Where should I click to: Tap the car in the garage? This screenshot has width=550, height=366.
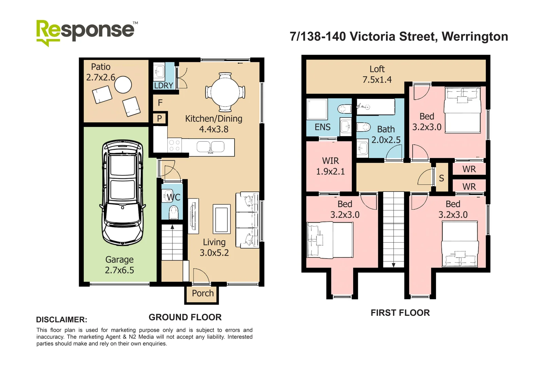(x=123, y=193)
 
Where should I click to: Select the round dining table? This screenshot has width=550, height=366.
(x=225, y=92)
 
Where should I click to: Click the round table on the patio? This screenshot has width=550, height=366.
(x=123, y=85)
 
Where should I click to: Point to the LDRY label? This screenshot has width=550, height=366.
(x=164, y=85)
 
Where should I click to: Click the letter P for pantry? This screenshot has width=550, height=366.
(x=160, y=119)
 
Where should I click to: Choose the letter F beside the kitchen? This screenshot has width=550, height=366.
(x=160, y=102)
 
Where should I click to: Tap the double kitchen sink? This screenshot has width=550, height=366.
(x=210, y=147)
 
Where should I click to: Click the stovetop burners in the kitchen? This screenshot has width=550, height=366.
(x=175, y=145)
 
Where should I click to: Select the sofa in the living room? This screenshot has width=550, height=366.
(x=247, y=220)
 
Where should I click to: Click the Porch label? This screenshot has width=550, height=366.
(x=203, y=293)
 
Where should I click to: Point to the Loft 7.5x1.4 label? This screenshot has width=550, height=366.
(x=377, y=74)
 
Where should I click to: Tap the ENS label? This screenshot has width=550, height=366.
(x=323, y=127)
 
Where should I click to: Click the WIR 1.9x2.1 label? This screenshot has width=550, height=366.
(x=330, y=166)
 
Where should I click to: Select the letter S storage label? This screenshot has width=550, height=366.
(x=441, y=178)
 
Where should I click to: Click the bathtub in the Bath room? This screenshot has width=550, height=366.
(x=376, y=107)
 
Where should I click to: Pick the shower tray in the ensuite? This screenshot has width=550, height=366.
(x=317, y=109)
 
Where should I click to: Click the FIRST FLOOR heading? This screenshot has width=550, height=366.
(x=400, y=313)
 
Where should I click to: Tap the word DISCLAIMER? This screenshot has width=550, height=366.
(x=62, y=320)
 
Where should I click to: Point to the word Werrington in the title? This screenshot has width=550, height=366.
(x=475, y=37)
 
